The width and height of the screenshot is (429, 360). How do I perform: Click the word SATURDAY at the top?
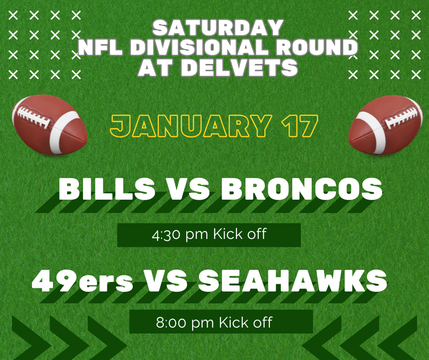tap(217, 28)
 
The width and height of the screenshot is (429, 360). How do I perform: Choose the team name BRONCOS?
tap(302, 189)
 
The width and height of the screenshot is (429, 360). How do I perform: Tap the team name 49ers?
tap(83, 281)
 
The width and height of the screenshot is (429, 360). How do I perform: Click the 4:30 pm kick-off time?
tap(209, 235)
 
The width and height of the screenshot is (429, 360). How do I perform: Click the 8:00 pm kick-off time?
tap(214, 323)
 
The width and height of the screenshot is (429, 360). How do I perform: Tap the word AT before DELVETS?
tap(156, 68)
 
